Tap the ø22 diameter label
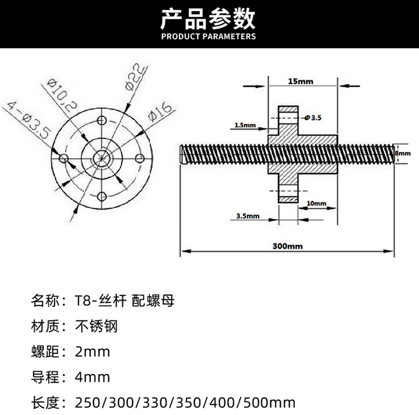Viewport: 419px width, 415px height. click(x=136, y=78)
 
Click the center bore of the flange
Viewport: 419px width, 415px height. click(x=102, y=158)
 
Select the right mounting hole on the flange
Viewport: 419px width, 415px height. click(x=140, y=158)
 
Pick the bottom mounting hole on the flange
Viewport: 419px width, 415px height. click(x=103, y=196)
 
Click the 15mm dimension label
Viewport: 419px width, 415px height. click(x=300, y=81)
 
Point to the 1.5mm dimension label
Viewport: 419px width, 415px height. click(x=245, y=126)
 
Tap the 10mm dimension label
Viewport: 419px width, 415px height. click(x=316, y=203)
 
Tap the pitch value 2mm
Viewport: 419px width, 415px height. click(x=93, y=351)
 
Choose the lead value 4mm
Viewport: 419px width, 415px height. click(x=93, y=377)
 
